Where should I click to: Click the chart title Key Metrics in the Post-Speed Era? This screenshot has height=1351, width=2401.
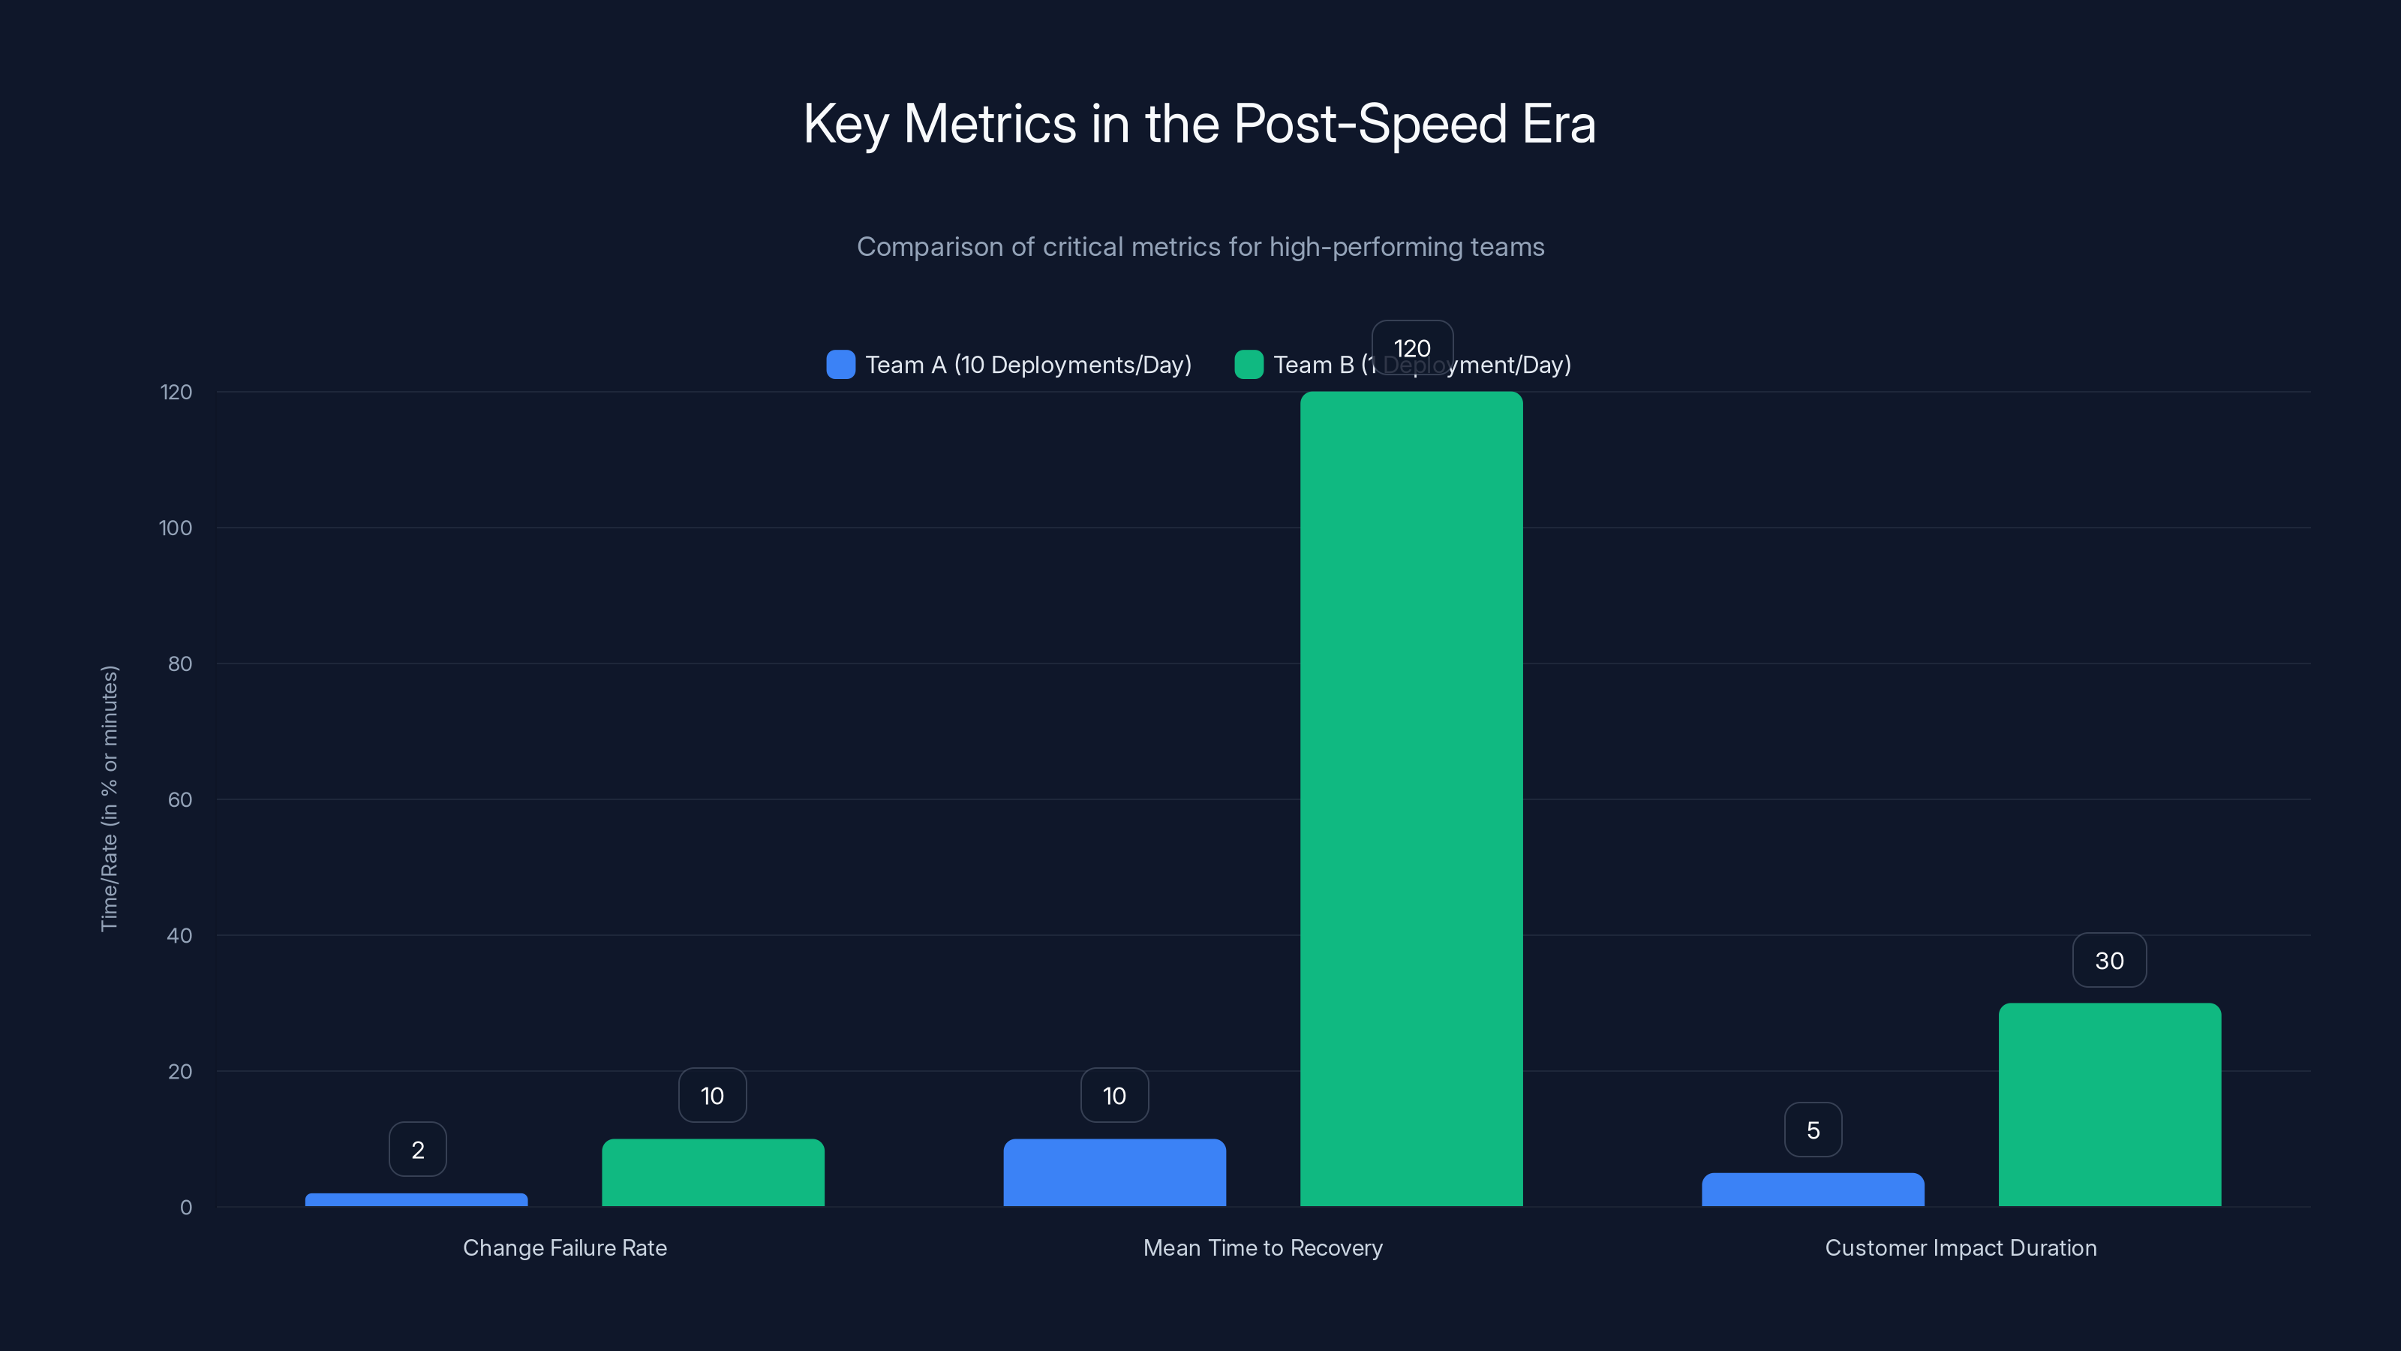tap(1200, 124)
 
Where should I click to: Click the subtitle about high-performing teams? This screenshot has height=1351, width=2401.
tap(1200, 247)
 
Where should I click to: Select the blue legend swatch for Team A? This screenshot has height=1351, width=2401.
tap(840, 365)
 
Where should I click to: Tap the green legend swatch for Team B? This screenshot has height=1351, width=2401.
tap(1248, 365)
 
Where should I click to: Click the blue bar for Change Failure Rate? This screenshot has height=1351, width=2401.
tap(416, 1199)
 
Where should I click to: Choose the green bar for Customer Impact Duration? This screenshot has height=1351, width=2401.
tap(2109, 1104)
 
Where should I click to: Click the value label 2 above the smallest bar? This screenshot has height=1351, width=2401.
tap(418, 1150)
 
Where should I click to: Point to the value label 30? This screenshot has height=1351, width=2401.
tap(2109, 961)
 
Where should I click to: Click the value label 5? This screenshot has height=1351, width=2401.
tap(1813, 1130)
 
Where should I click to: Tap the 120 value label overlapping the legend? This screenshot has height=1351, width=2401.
tap(1412, 348)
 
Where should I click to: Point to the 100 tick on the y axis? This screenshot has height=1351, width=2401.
tap(176, 528)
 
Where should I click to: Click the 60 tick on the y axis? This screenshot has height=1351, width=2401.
tap(179, 799)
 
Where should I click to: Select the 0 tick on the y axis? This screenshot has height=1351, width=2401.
tap(185, 1208)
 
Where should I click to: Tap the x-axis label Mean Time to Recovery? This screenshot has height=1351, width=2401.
tap(1262, 1247)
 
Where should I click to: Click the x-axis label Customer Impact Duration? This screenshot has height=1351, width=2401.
tap(1960, 1247)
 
